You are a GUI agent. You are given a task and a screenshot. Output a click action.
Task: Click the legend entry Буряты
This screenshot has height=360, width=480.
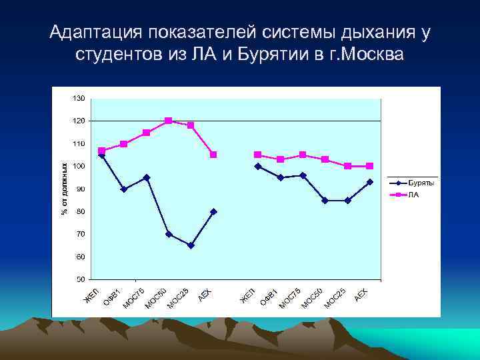click(421, 183)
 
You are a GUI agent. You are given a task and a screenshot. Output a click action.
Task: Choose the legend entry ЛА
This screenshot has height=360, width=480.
click(413, 195)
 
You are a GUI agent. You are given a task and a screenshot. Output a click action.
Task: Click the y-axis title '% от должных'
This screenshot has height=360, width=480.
click(65, 189)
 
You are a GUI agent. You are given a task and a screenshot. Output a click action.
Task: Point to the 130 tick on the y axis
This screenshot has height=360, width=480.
click(79, 98)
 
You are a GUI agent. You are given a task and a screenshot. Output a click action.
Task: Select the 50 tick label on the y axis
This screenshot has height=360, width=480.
click(80, 279)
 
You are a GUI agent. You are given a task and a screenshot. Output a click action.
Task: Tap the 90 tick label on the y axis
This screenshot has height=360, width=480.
click(80, 189)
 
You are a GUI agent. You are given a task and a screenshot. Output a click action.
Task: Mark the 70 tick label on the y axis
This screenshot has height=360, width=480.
click(80, 234)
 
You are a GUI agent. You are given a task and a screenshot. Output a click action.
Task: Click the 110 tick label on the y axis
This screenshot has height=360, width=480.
click(79, 143)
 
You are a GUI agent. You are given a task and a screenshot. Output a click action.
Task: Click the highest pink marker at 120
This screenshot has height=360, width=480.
click(169, 121)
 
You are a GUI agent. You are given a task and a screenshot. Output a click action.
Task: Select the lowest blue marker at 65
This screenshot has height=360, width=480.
click(191, 245)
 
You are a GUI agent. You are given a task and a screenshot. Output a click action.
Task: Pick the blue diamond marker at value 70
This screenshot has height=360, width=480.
click(169, 234)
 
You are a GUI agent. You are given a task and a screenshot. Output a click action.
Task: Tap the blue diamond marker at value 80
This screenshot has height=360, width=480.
click(213, 211)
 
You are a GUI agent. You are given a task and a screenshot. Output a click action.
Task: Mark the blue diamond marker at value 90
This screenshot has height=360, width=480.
click(124, 189)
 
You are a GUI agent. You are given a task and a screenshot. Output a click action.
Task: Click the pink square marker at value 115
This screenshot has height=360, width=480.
click(147, 133)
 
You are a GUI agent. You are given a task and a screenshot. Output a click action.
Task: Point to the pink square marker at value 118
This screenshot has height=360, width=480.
click(191, 125)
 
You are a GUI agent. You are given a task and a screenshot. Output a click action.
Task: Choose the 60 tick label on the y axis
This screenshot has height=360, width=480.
click(80, 257)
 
